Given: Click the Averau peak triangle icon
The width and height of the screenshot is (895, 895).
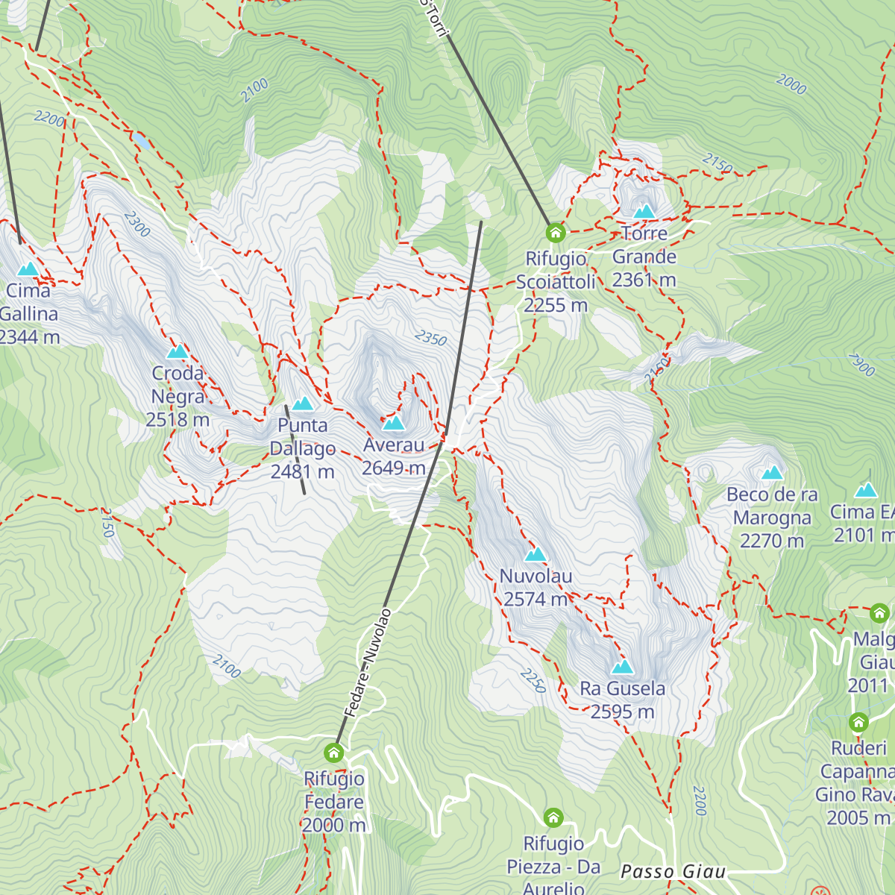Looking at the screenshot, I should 393,424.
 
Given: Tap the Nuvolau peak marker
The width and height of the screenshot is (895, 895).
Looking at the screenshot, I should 536,555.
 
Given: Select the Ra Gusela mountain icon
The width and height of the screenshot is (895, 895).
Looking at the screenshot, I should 622,667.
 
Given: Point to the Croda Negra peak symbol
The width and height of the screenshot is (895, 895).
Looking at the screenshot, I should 178,351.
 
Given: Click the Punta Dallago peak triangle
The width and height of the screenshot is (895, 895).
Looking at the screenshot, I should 302,404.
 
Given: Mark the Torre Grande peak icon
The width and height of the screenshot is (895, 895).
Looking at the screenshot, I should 644,212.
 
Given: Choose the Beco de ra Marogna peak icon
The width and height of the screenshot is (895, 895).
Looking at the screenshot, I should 772,473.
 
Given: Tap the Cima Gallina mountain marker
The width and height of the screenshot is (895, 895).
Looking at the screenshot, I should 28,268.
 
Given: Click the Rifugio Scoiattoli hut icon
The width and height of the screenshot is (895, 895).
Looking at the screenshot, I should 555,233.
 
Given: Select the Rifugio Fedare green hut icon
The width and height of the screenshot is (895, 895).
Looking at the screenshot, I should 333,752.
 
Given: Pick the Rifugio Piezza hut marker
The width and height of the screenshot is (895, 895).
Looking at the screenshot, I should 553,817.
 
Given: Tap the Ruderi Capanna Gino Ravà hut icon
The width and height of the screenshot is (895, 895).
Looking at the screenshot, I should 858,722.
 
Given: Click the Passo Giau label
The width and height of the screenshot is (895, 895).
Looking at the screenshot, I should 673,872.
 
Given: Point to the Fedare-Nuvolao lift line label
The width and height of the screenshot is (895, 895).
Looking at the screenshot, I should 367,663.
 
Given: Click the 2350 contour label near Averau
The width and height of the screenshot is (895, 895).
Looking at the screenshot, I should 430,339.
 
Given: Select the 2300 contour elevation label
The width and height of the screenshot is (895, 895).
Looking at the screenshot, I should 137,224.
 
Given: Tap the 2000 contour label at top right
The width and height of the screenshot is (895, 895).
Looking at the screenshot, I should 791,84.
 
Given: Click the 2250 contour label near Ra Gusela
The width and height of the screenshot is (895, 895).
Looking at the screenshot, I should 533,680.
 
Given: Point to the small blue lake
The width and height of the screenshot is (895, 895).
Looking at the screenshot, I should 140,139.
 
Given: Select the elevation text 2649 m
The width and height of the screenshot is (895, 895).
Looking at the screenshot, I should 393,468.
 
